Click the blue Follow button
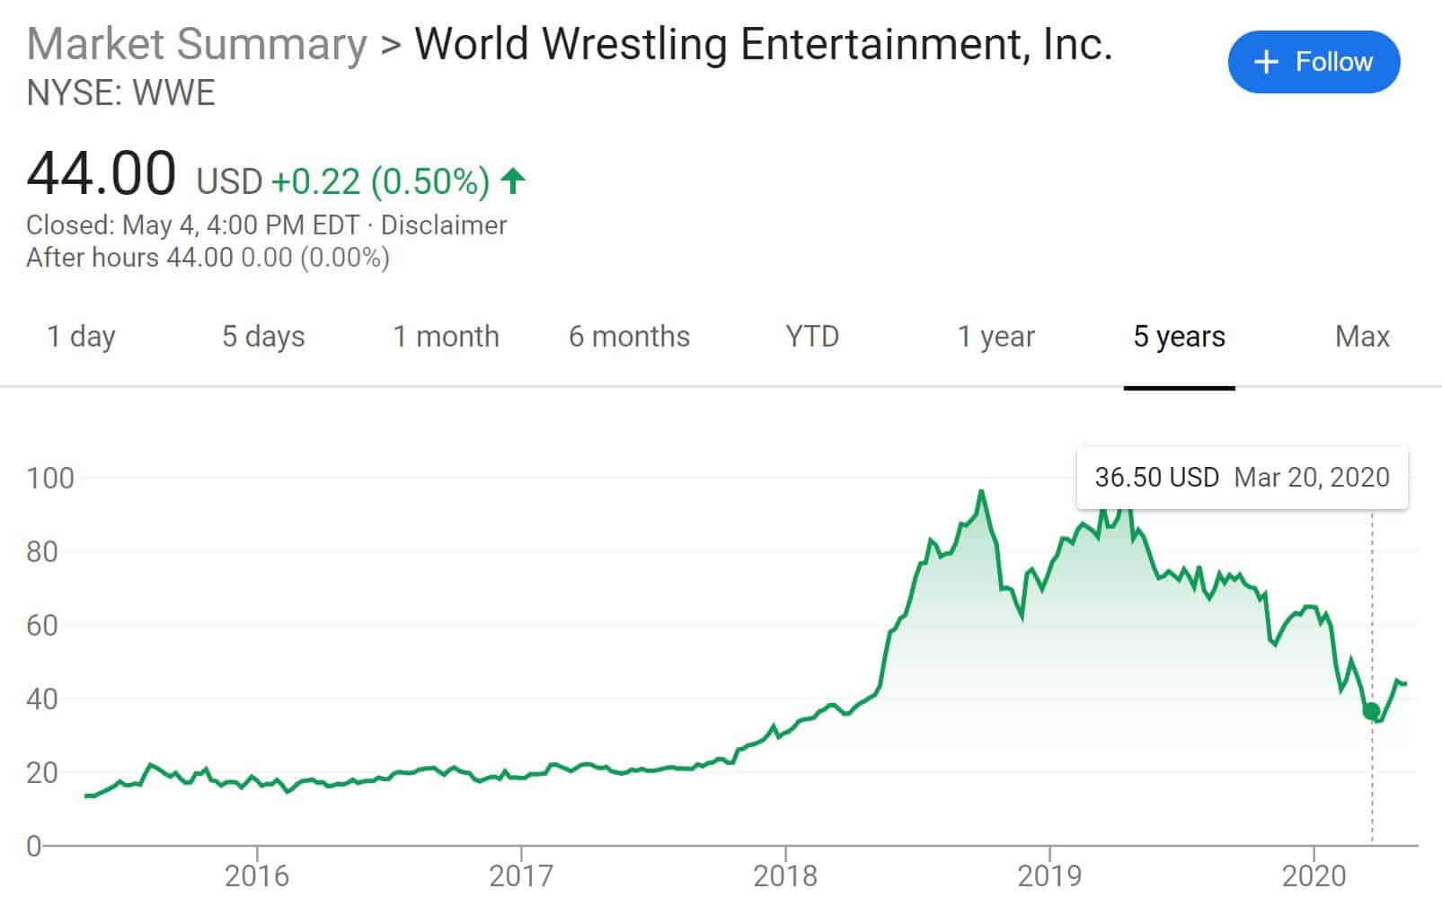1314,62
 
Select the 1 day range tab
81,337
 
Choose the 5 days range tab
263,337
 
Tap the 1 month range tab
446,337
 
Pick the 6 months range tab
629,337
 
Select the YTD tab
812,337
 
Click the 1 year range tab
995,337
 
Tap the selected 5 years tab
1179,337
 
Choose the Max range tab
1362,337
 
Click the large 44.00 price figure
102,173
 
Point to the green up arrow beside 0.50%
513,180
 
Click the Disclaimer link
444,224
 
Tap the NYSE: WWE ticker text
121,93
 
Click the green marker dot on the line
1371,711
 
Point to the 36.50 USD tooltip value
1156,477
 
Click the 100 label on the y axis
50,478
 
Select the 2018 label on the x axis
785,875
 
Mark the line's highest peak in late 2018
981,491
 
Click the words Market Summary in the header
197,44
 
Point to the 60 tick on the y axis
42,625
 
